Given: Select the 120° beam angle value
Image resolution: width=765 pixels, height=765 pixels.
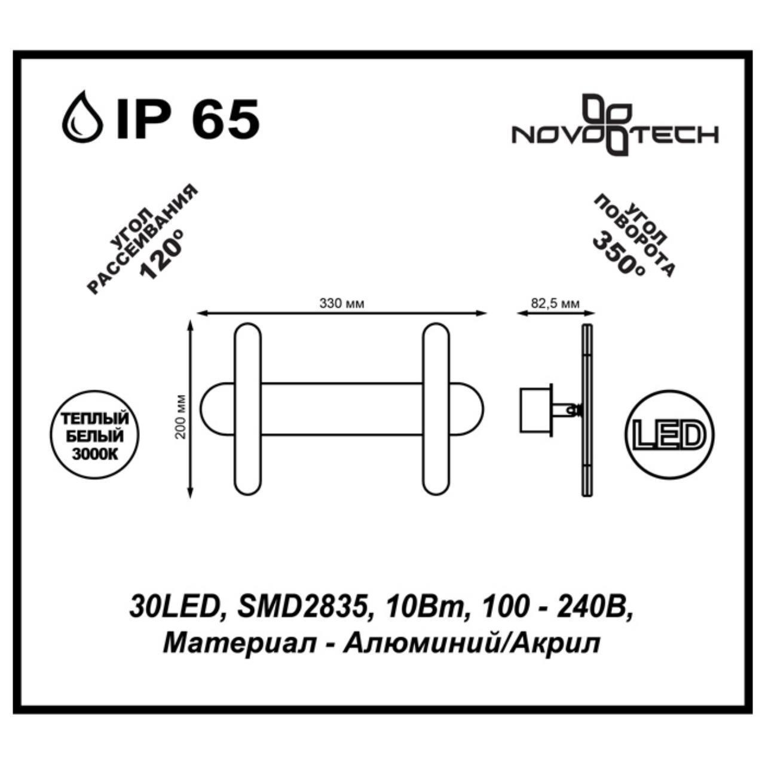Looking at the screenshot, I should [161, 258].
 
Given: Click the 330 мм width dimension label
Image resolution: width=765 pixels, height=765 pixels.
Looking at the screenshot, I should [342, 304].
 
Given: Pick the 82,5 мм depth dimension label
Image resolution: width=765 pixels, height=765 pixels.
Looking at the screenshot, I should [555, 304].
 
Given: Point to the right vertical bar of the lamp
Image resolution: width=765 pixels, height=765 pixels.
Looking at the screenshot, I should [436, 409].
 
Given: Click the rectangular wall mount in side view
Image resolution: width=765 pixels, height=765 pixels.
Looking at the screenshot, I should [535, 409].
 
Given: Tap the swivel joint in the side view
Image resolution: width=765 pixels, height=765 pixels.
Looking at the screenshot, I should [574, 409].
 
